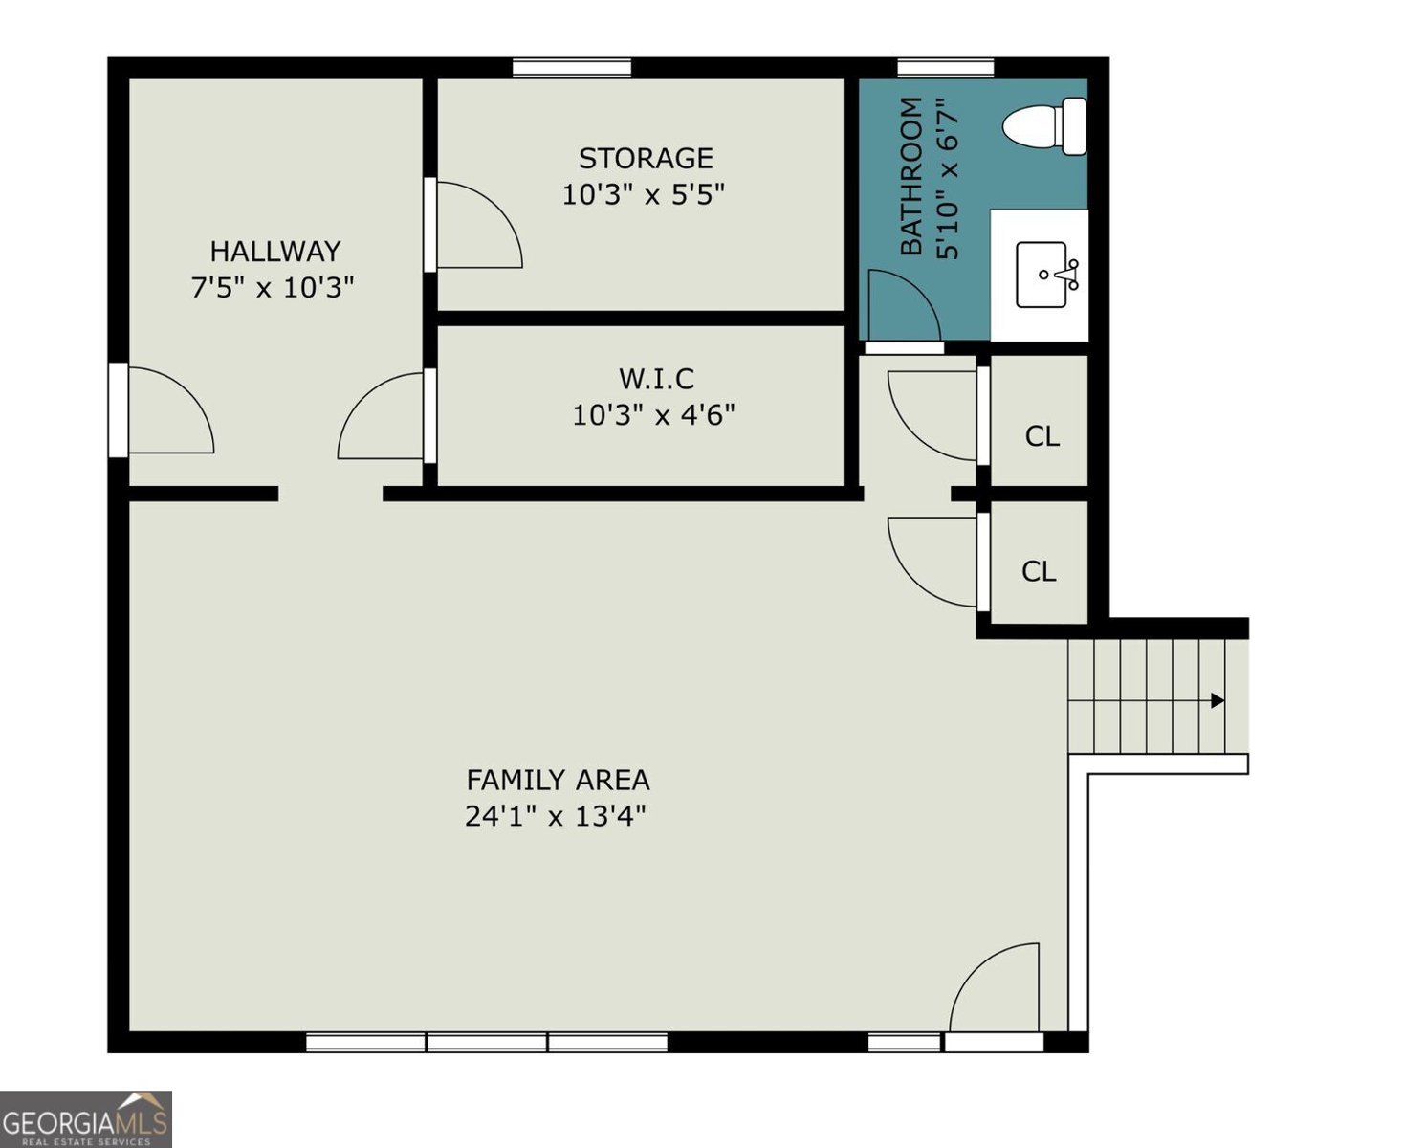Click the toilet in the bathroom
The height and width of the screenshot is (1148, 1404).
point(1044,126)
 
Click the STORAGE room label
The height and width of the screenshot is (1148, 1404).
point(646,159)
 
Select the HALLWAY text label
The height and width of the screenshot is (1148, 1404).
point(275,252)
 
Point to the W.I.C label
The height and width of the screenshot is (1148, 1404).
point(656,379)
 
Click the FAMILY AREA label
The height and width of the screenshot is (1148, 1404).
point(558,780)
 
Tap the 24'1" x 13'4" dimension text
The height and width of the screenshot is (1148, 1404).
point(556,816)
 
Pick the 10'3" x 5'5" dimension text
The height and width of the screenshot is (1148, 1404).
point(643,194)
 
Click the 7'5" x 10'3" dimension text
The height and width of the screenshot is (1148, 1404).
point(273,288)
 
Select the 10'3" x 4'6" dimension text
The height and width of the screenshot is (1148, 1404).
point(654,415)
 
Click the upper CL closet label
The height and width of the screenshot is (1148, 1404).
point(1042,437)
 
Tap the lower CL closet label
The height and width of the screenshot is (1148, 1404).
point(1039,571)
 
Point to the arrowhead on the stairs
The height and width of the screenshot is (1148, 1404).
point(1218,700)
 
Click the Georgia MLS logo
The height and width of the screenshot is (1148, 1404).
point(86,1118)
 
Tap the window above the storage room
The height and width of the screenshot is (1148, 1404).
point(571,68)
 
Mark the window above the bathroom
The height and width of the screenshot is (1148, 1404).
point(945,68)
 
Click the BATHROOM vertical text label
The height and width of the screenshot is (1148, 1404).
point(911,176)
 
